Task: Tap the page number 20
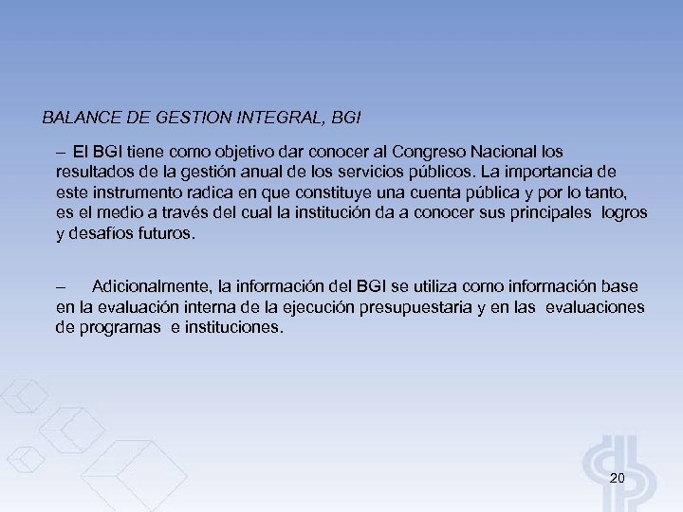point(617,478)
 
